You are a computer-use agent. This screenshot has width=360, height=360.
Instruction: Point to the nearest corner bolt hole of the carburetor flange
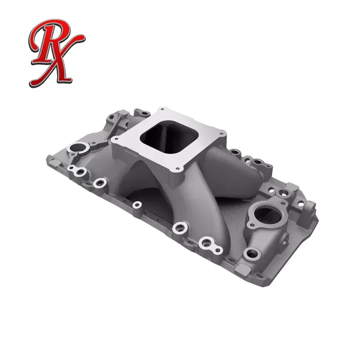coord(179,168)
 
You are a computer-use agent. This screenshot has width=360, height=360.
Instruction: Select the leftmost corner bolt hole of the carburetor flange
coord(115,140)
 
